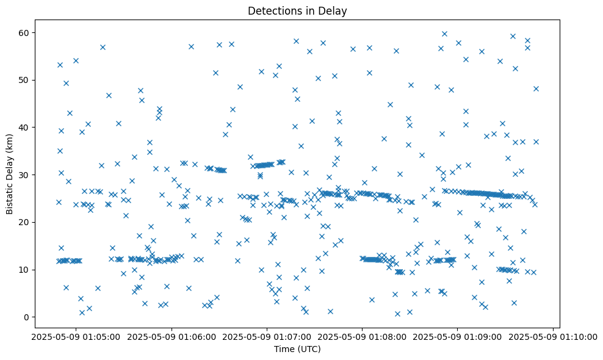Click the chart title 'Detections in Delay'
click(297, 10)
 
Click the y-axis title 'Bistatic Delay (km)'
click(10, 167)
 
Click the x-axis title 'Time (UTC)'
click(297, 349)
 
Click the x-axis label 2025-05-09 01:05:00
click(76, 336)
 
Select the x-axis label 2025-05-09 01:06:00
click(172, 336)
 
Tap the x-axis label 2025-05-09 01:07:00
click(267, 336)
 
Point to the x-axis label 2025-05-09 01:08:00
click(362, 336)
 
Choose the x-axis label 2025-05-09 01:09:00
click(457, 336)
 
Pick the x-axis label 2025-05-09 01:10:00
click(552, 336)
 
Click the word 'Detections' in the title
click(272, 10)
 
